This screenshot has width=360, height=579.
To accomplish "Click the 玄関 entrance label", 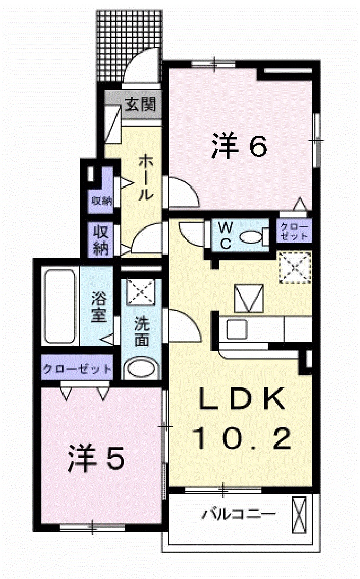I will [141, 105].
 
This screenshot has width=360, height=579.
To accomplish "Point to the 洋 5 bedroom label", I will [96, 458].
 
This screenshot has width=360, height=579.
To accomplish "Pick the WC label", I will [226, 236].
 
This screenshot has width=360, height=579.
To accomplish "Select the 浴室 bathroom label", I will [99, 307].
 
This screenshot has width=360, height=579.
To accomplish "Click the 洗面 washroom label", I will [141, 331].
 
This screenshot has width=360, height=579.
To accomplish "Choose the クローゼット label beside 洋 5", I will [77, 369].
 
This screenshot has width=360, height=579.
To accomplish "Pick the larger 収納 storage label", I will [101, 240].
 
